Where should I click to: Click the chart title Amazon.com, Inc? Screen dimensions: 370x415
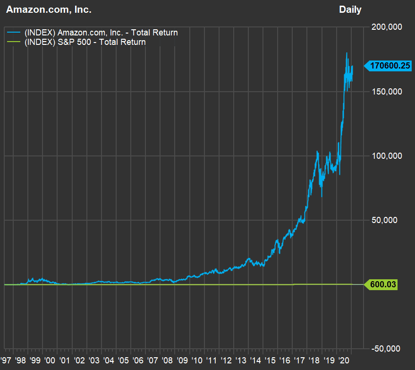(49, 9)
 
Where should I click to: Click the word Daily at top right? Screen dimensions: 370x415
(350, 9)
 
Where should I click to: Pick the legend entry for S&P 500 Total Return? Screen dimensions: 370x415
(85, 42)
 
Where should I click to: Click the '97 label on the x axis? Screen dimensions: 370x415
(7, 360)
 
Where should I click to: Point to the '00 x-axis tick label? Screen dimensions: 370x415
(51, 360)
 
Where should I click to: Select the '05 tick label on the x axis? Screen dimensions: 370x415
(124, 360)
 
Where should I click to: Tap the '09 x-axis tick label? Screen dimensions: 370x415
(182, 360)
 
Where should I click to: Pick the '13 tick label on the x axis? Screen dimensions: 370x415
(241, 360)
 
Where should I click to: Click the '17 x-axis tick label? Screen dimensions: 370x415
(299, 360)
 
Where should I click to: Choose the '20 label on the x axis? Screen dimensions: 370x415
(343, 360)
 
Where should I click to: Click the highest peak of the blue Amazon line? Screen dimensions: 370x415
(347, 53)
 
